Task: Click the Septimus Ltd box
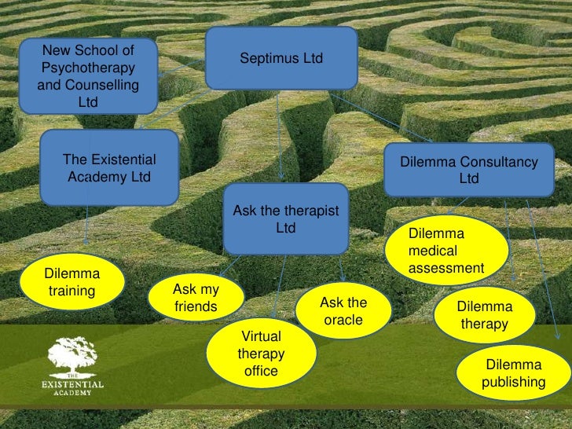(x=280, y=59)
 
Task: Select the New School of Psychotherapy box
(x=87, y=76)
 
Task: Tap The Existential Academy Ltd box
(x=109, y=167)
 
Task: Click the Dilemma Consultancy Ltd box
(x=468, y=170)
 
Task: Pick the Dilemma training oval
(x=72, y=284)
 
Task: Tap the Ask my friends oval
(x=196, y=299)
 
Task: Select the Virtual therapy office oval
(x=261, y=354)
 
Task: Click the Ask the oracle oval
(x=343, y=312)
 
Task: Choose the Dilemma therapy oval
(x=484, y=315)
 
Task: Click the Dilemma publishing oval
(x=514, y=374)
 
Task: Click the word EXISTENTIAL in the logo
(x=72, y=384)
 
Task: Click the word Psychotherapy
(x=87, y=68)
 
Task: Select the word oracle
(x=343, y=320)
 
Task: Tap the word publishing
(x=514, y=383)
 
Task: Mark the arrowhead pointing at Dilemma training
(x=86, y=243)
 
